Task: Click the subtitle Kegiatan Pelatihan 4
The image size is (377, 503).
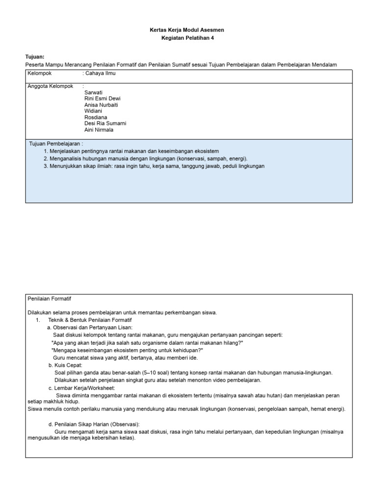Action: pyautogui.click(x=188, y=38)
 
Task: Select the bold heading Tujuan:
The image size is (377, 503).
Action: pyautogui.click(x=35, y=57)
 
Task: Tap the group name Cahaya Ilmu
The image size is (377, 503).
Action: pyautogui.click(x=101, y=73)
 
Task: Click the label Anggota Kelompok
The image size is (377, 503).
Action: pyautogui.click(x=51, y=86)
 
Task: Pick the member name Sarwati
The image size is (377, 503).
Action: pyautogui.click(x=93, y=92)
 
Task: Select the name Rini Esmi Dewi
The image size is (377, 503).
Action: pyautogui.click(x=102, y=99)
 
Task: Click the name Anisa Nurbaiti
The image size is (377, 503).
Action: pyautogui.click(x=101, y=105)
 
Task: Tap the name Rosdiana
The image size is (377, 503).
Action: pyautogui.click(x=95, y=118)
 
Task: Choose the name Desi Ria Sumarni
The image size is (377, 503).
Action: pyautogui.click(x=105, y=124)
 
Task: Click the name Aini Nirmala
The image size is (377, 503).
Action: pyautogui.click(x=99, y=130)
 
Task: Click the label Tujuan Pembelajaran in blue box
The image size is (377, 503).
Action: pyautogui.click(x=56, y=143)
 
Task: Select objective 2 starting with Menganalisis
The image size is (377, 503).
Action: pyautogui.click(x=145, y=159)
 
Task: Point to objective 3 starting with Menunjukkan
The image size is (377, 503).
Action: pyautogui.click(x=154, y=166)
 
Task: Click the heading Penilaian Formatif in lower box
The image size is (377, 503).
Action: pyautogui.click(x=50, y=298)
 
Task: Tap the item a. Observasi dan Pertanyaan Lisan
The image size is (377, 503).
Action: pyautogui.click(x=90, y=327)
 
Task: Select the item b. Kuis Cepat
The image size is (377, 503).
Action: pyautogui.click(x=65, y=365)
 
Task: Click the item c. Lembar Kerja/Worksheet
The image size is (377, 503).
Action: pyautogui.click(x=81, y=388)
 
